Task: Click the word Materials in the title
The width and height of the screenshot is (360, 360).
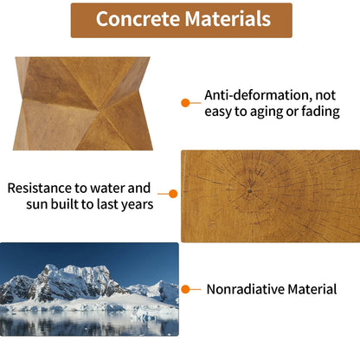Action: (x=227, y=19)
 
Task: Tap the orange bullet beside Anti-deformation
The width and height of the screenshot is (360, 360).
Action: (x=185, y=102)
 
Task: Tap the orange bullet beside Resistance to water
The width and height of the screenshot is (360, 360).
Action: (x=172, y=195)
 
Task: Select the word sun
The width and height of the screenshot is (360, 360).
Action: (x=40, y=204)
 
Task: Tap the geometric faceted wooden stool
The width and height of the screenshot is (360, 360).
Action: (x=82, y=103)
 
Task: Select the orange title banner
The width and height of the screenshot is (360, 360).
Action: (x=181, y=19)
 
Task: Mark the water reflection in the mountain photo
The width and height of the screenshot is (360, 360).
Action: (x=87, y=324)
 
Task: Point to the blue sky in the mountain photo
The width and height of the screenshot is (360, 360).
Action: (x=130, y=255)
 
